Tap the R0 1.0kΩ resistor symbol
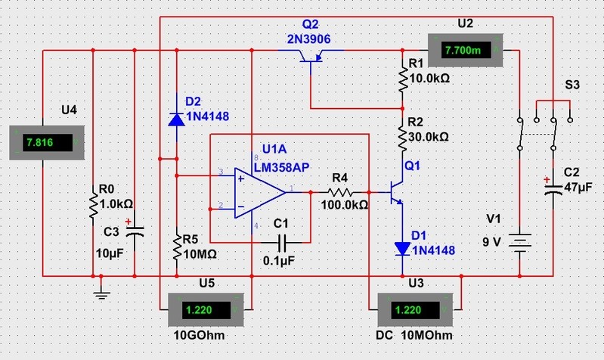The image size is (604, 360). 93,203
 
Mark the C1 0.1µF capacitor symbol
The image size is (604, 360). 282,242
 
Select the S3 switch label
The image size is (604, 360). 572,86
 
